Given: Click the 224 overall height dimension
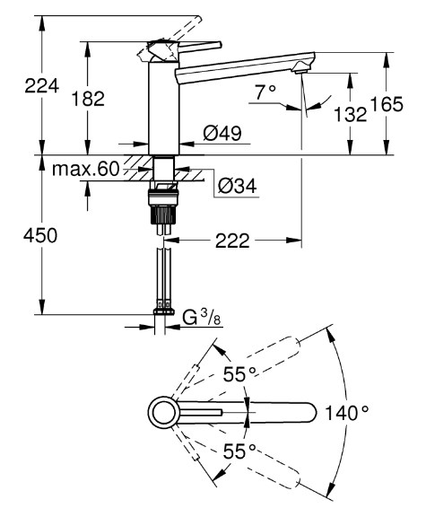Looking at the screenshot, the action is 42,86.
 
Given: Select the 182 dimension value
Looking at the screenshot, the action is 88,99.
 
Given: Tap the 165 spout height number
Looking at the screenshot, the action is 387,104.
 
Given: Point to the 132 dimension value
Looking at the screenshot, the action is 351,114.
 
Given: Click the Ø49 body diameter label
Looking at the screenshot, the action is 222,133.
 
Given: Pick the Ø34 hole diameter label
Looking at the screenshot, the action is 237,186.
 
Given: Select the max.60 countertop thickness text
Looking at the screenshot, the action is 86,169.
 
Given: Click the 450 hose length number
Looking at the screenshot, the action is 40,235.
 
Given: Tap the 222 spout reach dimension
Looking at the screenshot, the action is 232,241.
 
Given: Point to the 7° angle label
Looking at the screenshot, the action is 265,92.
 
